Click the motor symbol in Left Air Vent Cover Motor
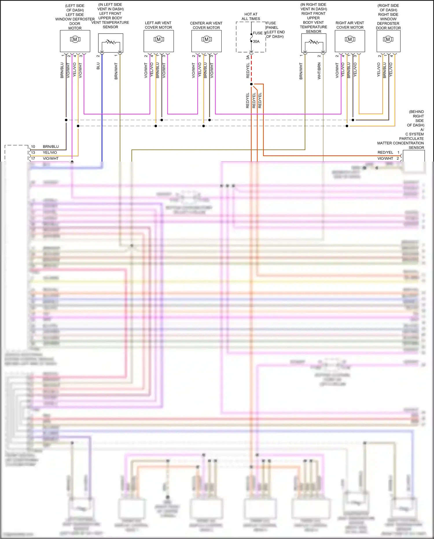click(159, 39)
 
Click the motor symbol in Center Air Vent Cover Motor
click(206, 39)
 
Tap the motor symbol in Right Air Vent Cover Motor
click(350, 39)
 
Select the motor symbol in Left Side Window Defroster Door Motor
click(75, 39)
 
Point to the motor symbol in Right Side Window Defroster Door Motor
click(388, 39)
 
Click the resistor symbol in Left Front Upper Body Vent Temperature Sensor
click(111, 42)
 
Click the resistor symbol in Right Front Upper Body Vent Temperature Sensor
click(314, 42)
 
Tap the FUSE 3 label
click(259, 33)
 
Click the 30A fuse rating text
click(256, 41)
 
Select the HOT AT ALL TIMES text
click(251, 17)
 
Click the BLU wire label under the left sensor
click(98, 66)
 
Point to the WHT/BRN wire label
click(319, 71)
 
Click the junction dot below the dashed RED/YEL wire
click(251, 84)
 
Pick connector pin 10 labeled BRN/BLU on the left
click(33, 147)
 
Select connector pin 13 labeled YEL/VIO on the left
click(33, 153)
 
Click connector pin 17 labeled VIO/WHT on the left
click(33, 158)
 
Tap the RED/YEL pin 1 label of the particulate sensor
click(385, 152)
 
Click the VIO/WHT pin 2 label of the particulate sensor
click(385, 158)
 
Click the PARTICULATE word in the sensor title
click(411, 138)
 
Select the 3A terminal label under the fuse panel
click(248, 57)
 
